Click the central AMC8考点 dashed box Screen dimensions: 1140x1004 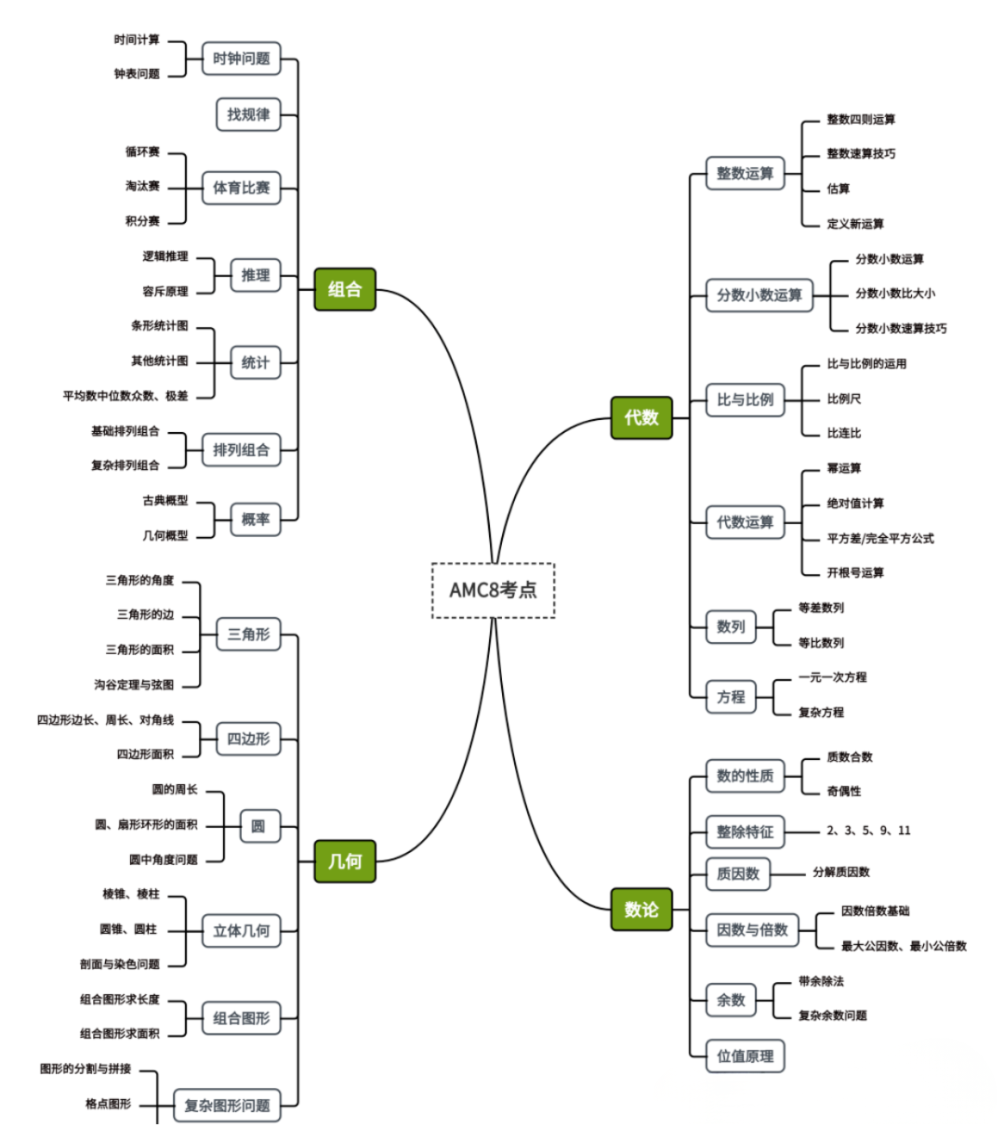click(493, 590)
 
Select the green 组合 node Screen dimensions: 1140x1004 click(345, 289)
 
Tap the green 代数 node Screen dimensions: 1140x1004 click(641, 417)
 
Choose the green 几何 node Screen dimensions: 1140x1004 click(345, 860)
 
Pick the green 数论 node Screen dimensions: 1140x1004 click(641, 909)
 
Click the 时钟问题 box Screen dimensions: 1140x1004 click(241, 59)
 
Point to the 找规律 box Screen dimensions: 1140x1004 click(248, 114)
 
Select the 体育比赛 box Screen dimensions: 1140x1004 click(241, 188)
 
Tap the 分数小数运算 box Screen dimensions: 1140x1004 click(759, 295)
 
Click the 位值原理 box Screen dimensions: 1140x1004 click(745, 1055)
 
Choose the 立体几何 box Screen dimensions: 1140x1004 click(241, 930)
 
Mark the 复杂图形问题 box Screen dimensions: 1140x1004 click(227, 1106)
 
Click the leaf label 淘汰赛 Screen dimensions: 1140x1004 click(142, 186)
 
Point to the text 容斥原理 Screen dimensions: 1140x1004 click(165, 291)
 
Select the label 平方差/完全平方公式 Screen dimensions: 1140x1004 click(880, 538)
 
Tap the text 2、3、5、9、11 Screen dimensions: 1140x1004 click(868, 831)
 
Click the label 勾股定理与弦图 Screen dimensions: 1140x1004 click(134, 685)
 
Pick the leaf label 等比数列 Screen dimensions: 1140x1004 click(821, 643)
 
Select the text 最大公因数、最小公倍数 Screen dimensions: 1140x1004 click(904, 946)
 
